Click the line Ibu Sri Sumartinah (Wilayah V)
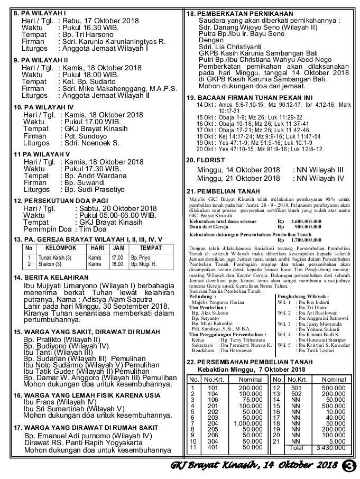[x=73, y=408]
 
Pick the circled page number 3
[x=349, y=466]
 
